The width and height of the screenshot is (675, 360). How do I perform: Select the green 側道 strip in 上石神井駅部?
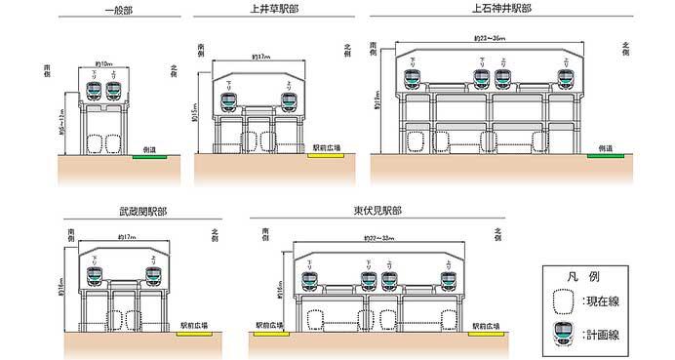606,154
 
